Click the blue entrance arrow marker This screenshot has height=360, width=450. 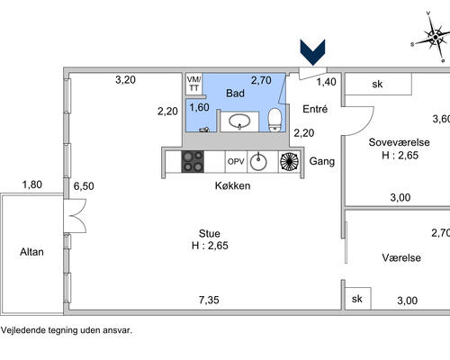(312, 52)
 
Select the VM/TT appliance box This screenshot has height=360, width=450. (193, 84)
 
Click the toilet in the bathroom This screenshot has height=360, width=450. (274, 120)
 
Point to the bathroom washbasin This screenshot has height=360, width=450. (239, 121)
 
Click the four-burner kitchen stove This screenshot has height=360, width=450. (193, 162)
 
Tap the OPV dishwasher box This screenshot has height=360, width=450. (236, 162)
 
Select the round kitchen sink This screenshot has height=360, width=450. (258, 162)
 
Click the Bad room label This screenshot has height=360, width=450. (235, 94)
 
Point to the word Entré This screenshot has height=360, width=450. (315, 109)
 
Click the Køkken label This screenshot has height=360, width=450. (232, 185)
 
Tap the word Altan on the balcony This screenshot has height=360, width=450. (31, 252)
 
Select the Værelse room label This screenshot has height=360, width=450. (401, 257)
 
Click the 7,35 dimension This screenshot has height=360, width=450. (209, 300)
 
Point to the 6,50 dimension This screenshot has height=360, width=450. (84, 186)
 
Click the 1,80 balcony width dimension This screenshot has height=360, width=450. (32, 184)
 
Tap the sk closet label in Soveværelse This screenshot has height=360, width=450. (377, 85)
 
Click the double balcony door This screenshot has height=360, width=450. (75, 216)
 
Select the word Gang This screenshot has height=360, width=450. (322, 161)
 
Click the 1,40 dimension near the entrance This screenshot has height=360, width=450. (327, 82)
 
